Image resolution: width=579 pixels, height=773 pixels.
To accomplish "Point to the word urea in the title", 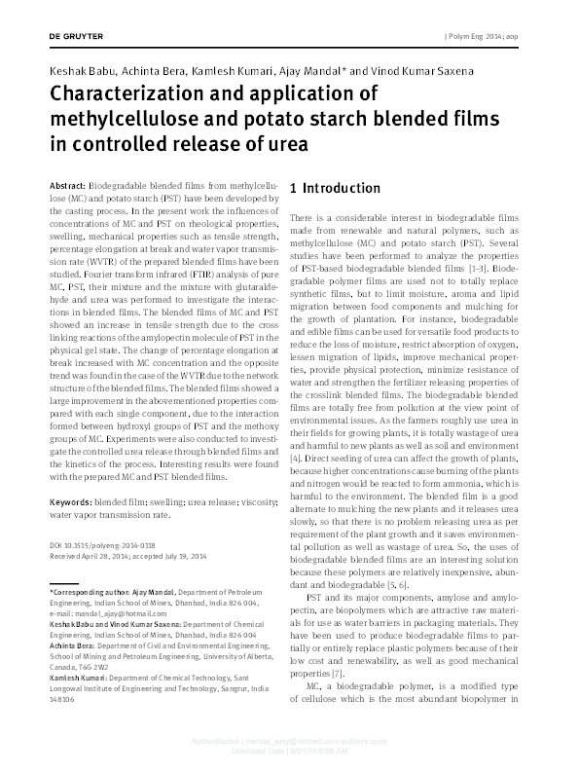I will [x=288, y=143].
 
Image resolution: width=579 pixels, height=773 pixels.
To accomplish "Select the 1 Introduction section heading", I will [x=336, y=188].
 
